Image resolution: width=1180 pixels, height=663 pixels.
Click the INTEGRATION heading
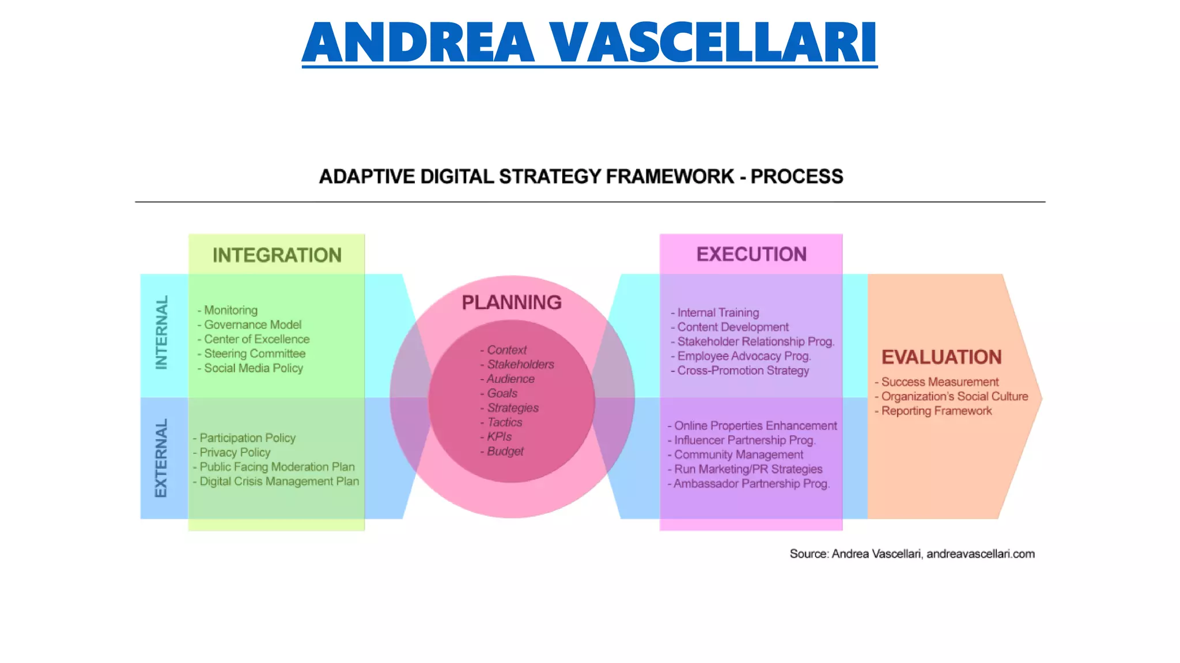[x=277, y=255]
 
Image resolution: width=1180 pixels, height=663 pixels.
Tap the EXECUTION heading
[x=751, y=254]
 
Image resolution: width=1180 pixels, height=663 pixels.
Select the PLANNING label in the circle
[x=512, y=302]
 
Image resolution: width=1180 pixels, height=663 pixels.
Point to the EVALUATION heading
[x=941, y=357]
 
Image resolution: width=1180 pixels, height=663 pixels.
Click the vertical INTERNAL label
[x=162, y=332]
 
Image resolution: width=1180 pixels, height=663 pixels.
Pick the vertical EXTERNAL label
[x=161, y=458]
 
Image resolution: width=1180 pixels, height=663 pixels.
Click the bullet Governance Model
[x=252, y=325]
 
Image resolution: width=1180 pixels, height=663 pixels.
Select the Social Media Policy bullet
[x=253, y=368]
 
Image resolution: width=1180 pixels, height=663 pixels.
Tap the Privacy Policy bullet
[x=235, y=452]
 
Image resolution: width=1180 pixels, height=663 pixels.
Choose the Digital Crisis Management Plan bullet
[x=279, y=481]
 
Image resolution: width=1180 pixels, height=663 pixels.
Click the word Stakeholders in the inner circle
[x=520, y=364]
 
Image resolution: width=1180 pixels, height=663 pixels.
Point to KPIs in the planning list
[x=499, y=436]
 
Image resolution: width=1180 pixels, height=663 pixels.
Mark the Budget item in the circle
[x=505, y=451]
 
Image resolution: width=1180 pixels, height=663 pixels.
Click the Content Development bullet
[x=732, y=327]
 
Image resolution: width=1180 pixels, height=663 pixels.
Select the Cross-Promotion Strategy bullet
[x=743, y=371]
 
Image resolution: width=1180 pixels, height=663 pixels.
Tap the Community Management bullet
[x=738, y=455]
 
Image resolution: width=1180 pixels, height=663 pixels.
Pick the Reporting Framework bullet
[x=936, y=411]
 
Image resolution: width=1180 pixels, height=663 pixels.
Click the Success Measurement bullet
[x=940, y=382]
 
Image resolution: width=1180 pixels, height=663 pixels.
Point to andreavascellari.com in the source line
[x=980, y=554]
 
